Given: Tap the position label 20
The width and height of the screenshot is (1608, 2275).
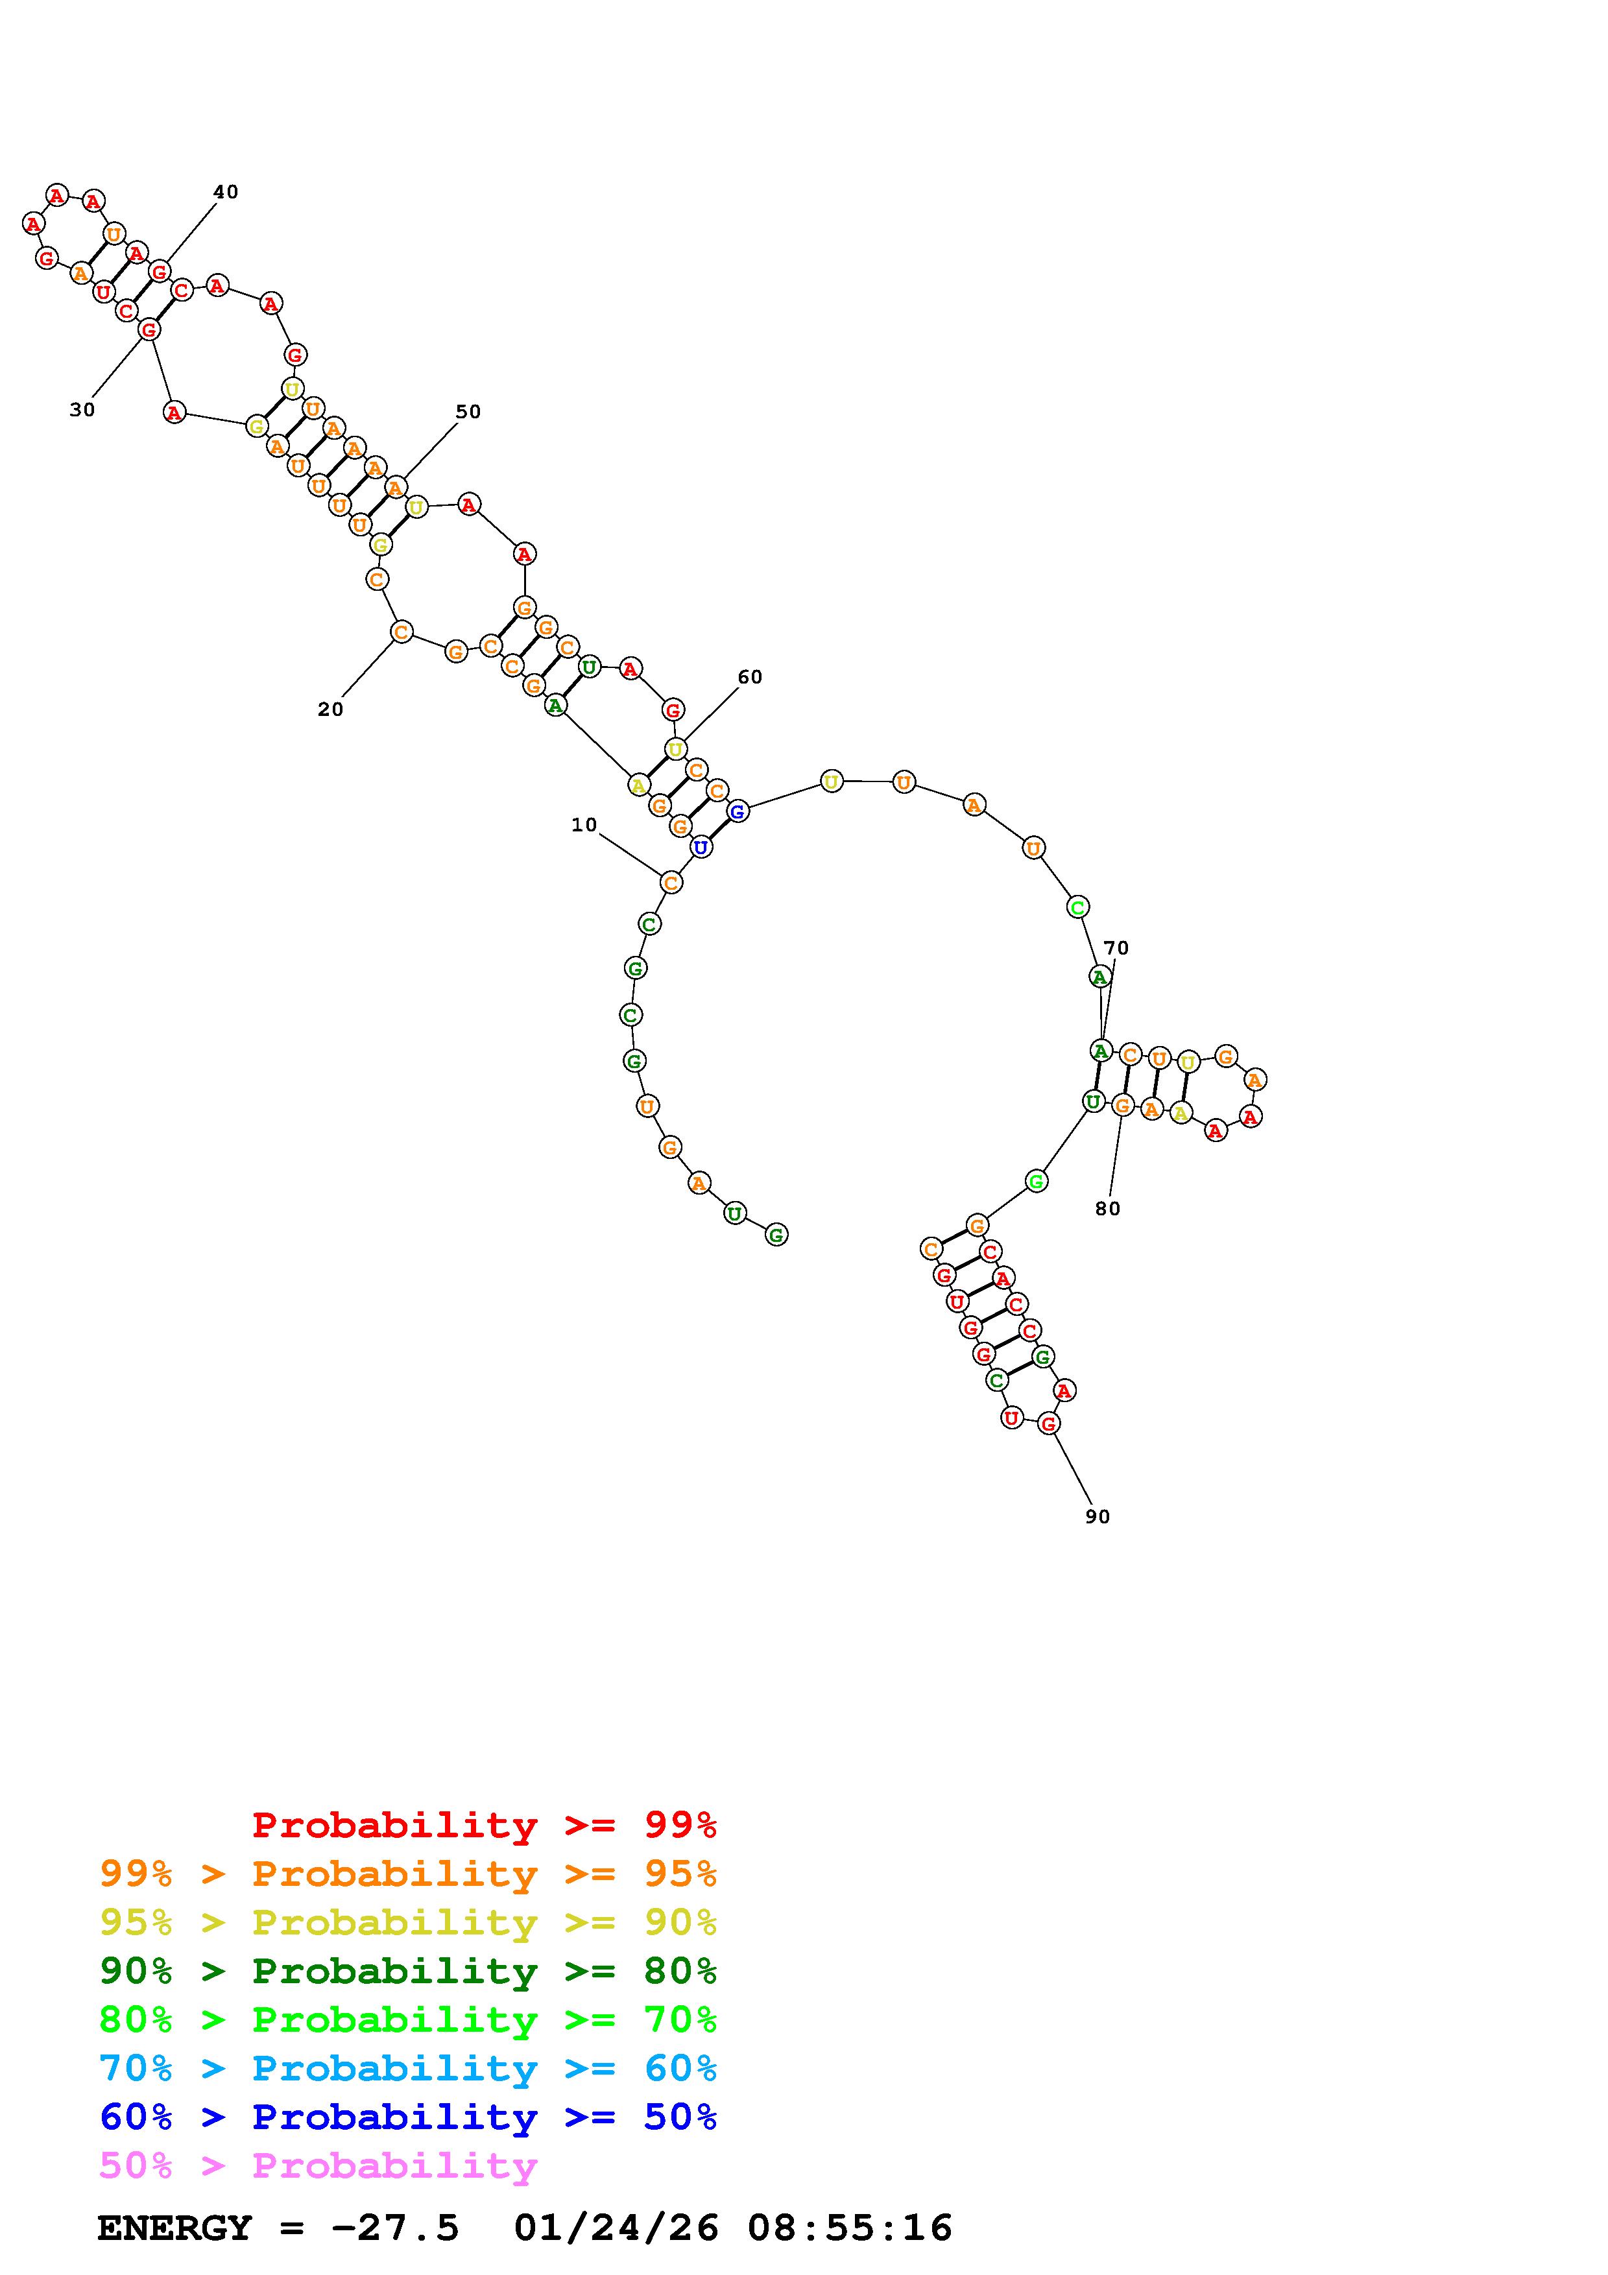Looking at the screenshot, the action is [x=331, y=709].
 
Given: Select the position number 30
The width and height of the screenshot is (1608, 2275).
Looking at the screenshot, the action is [x=82, y=409].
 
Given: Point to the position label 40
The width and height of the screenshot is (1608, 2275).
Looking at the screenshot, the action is [x=226, y=191].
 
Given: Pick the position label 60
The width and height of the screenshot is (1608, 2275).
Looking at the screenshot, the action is [x=750, y=677].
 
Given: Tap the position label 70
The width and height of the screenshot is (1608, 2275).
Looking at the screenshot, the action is [x=1116, y=948].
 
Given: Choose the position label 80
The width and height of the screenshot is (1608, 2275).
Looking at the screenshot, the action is [x=1108, y=1209].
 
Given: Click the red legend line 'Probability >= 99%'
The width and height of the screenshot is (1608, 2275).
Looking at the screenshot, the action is [x=485, y=1825].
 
